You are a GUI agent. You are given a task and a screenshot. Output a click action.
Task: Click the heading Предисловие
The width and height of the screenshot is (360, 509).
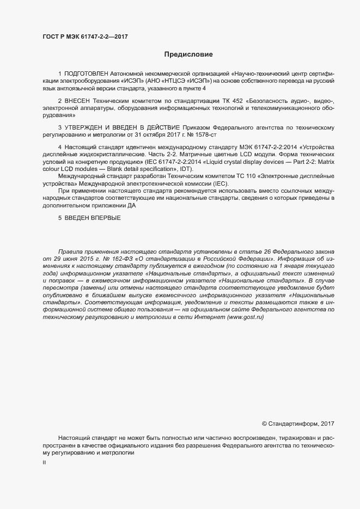point(188,54)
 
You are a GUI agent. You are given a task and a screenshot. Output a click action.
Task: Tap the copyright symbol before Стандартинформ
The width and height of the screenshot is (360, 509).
point(265,423)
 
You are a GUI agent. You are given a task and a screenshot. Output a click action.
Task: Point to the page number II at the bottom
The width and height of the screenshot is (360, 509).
point(44,463)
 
